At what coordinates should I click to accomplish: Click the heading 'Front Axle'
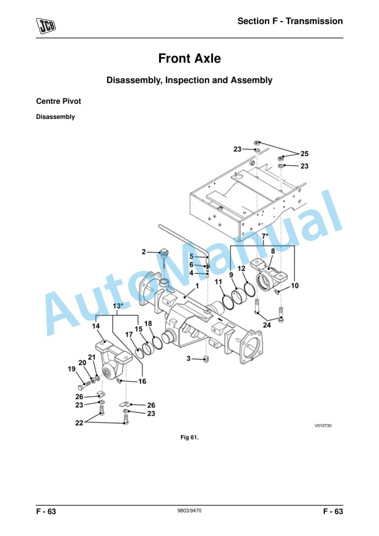tap(189, 59)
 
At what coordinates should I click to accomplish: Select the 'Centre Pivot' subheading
tap(58, 101)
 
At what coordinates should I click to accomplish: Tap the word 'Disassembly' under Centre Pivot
tap(55, 117)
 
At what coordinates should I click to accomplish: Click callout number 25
tap(304, 153)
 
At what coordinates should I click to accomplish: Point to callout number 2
tap(144, 252)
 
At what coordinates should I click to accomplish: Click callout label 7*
tap(265, 237)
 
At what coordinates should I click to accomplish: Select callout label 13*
tap(118, 306)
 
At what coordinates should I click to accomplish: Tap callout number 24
tap(267, 325)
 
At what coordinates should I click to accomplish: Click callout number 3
tap(188, 358)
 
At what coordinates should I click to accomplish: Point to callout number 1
tap(196, 286)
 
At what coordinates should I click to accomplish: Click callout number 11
tap(219, 282)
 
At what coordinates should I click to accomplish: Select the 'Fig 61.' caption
tap(189, 438)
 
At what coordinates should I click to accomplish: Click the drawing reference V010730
tap(323, 425)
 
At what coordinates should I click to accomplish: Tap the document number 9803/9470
tap(189, 511)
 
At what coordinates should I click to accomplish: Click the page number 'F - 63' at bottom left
tap(46, 511)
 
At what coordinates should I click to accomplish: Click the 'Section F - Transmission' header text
tap(290, 21)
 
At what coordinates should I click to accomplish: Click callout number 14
tap(97, 326)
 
